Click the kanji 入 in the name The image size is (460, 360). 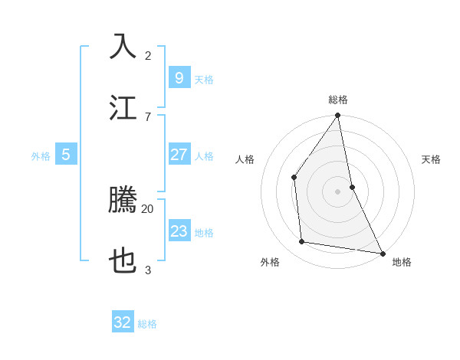123,45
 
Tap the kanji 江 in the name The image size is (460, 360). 123,106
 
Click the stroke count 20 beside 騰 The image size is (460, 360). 148,208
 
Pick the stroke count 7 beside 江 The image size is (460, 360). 148,116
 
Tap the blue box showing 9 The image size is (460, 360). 179,78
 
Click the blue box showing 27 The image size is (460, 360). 179,155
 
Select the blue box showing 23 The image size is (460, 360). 179,231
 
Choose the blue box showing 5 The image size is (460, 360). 66,155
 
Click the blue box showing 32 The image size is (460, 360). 123,322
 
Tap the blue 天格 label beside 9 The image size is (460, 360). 204,80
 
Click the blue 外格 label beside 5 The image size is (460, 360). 41,156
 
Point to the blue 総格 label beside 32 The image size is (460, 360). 147,324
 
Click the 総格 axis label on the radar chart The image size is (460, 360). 338,100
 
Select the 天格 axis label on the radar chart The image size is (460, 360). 431,159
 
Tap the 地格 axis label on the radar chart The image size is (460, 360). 402,262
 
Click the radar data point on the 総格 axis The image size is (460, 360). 337,116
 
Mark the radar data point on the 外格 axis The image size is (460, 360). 302,242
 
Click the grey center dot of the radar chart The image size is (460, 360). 337,191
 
